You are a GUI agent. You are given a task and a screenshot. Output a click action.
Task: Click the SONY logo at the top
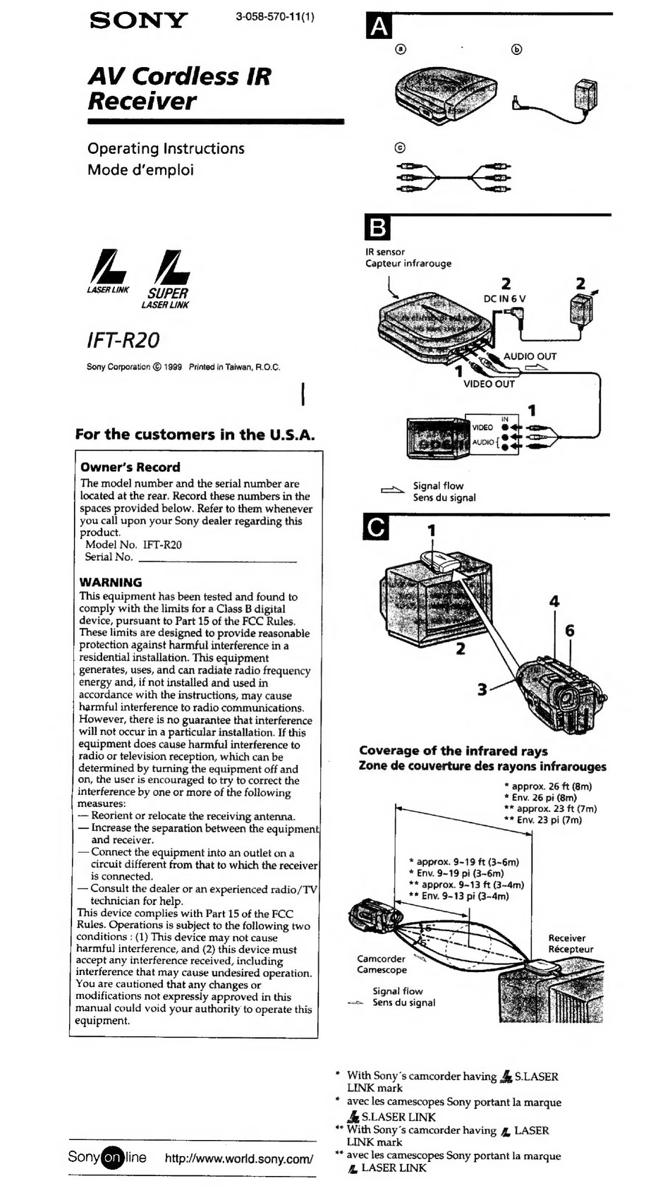pos(139,20)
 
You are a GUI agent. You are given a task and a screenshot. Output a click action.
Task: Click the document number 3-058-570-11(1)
pos(275,17)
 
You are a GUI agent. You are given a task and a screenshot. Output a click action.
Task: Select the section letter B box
pos(377,228)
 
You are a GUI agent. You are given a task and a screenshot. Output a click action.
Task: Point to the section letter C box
pos(376,528)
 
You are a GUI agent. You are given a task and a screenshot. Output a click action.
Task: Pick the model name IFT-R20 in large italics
pos(123,341)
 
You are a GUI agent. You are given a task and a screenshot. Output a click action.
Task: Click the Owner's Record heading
pos(130,467)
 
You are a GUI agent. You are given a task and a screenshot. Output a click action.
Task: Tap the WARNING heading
pos(111,582)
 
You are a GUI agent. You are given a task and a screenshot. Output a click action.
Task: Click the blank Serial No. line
pos(217,561)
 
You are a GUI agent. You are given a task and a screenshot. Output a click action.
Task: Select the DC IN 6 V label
pos(505,298)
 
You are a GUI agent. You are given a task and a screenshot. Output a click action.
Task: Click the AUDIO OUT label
pos(530,356)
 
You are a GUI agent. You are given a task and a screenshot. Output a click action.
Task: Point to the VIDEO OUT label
pos(489,384)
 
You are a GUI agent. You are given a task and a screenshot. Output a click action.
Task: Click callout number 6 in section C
pos(570,631)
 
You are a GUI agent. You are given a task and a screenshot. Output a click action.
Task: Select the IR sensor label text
pos(385,252)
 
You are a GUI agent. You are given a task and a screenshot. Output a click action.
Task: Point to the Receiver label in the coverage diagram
pos(567,938)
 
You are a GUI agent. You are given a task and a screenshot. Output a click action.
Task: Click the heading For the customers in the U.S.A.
pos(195,435)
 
